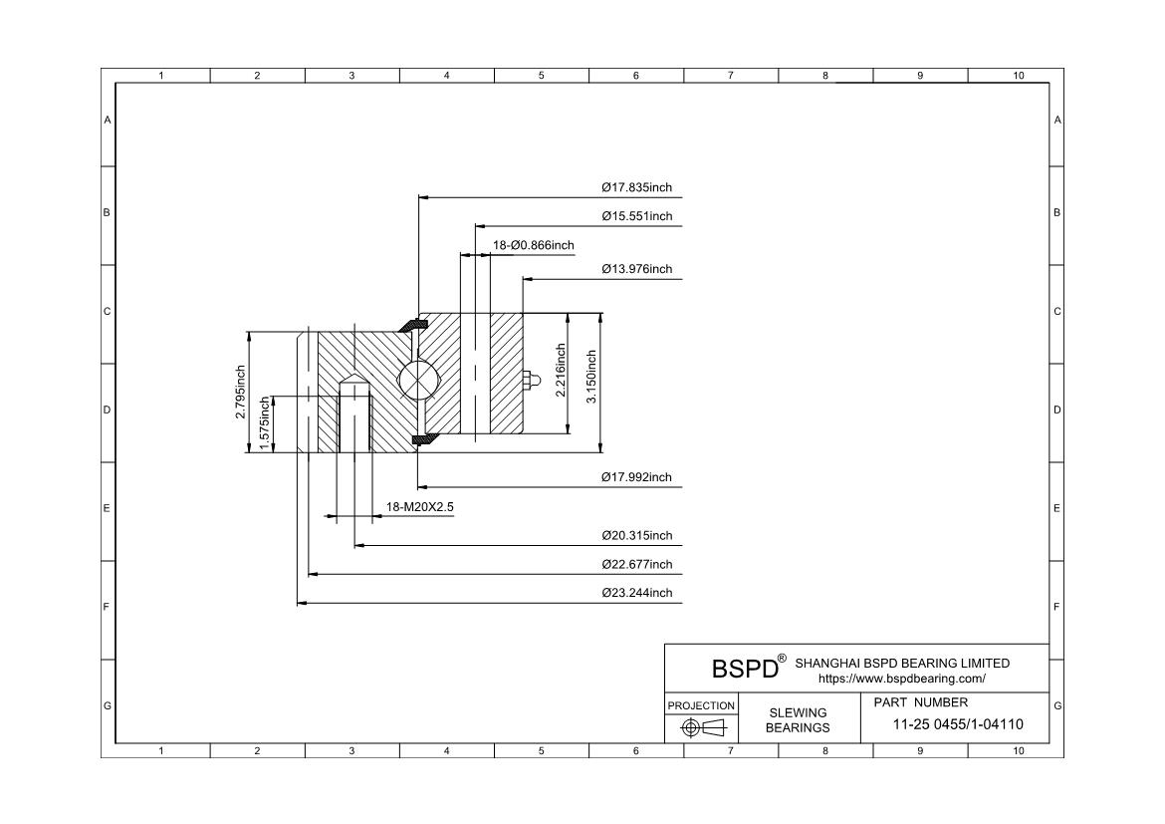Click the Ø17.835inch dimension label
pyautogui.click(x=636, y=187)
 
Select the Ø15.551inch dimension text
pyautogui.click(x=636, y=216)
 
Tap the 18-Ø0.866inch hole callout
pyautogui.click(x=534, y=245)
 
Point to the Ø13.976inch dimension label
pyautogui.click(x=636, y=269)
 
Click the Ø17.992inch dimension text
pyautogui.click(x=636, y=477)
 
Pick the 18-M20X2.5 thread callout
pyautogui.click(x=420, y=507)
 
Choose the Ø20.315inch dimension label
pyautogui.click(x=636, y=536)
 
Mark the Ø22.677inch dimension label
pyautogui.click(x=636, y=565)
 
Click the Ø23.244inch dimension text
pyautogui.click(x=636, y=593)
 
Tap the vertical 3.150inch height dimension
pyautogui.click(x=591, y=376)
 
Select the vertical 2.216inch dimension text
pyautogui.click(x=561, y=371)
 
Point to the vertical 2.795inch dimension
pyautogui.click(x=241, y=393)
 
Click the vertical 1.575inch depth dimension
pyautogui.click(x=265, y=423)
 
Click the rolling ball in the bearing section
pyautogui.click(x=415, y=381)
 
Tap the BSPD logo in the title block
pyautogui.click(x=745, y=668)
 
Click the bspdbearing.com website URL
pyautogui.click(x=901, y=679)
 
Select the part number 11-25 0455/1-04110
pyautogui.click(x=959, y=724)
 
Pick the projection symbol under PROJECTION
pyautogui.click(x=701, y=727)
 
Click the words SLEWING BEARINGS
pyautogui.click(x=798, y=719)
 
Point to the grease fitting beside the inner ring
pyautogui.click(x=531, y=379)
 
